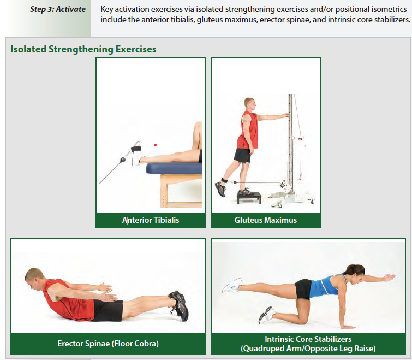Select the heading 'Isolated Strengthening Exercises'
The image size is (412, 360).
(83, 49)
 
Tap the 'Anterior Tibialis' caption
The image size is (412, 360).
(151, 220)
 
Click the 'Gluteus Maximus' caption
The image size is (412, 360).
(265, 220)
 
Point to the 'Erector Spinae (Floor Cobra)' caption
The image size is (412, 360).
(108, 344)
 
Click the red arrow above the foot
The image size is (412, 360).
(150, 145)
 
